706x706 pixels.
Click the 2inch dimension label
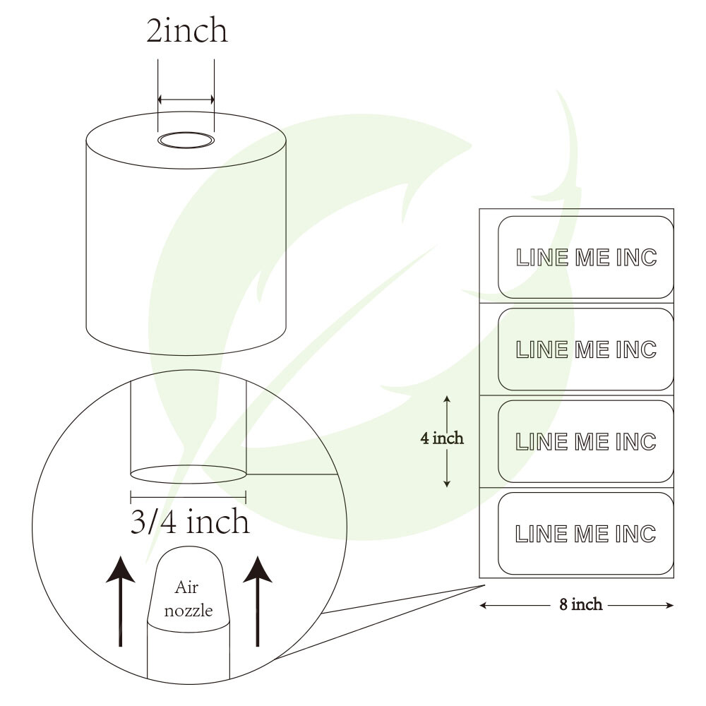[187, 32]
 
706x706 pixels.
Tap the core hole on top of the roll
[186, 140]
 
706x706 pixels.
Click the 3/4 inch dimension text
[190, 522]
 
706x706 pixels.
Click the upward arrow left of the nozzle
[121, 600]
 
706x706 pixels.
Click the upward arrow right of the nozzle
[258, 600]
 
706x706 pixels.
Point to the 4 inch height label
[442, 438]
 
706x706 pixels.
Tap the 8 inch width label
[581, 605]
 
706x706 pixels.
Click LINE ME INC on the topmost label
[587, 258]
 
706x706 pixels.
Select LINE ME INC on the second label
[587, 349]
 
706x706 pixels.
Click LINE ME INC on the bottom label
[587, 534]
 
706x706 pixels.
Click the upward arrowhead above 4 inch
[447, 399]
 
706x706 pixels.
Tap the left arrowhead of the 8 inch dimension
[484, 605]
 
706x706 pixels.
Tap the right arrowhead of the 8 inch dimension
[670, 605]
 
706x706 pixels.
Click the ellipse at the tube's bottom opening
[189, 474]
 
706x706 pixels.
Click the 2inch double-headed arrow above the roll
[186, 100]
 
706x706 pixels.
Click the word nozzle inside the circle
[188, 611]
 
